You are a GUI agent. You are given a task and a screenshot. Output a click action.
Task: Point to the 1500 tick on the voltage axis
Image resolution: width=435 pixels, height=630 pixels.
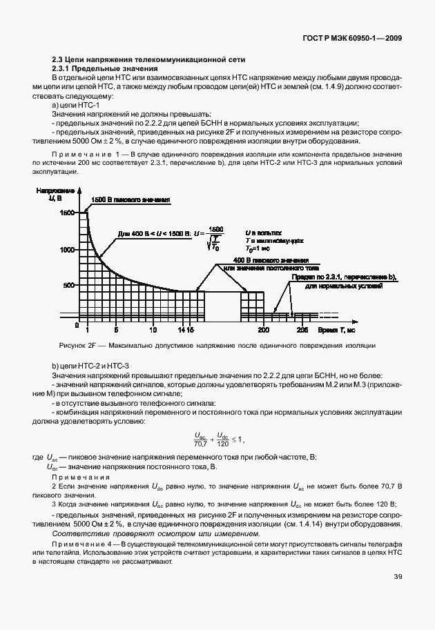pos(66,213)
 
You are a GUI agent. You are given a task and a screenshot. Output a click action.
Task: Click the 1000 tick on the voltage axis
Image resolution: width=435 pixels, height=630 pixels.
pos(66,250)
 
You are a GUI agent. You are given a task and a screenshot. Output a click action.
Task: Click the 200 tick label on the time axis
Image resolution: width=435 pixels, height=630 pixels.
pos(263,331)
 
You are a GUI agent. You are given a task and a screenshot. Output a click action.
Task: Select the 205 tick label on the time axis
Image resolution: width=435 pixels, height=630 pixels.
pos(302,331)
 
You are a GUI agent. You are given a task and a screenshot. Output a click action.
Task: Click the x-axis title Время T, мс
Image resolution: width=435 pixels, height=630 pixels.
pos(338,331)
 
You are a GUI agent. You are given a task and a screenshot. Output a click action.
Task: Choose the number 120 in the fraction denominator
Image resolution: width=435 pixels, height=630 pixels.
pos(222,444)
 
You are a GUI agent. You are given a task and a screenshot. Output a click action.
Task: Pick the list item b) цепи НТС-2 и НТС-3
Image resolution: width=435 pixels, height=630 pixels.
pos(90,365)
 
